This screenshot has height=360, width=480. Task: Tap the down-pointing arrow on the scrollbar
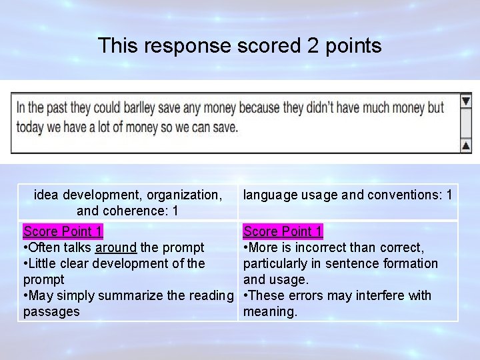pos(465,101)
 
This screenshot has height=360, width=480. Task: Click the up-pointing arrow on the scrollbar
pos(465,146)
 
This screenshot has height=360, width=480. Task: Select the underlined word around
pos(117,248)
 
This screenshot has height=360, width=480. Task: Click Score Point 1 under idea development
pos(63,231)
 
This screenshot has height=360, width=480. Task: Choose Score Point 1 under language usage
pos(283,231)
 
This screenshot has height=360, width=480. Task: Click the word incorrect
pos(318,248)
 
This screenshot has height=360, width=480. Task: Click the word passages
pos(51,311)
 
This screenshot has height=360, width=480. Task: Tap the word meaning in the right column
pos(269,311)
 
